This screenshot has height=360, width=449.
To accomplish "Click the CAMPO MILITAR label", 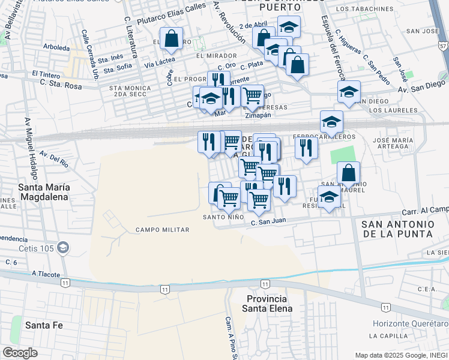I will pyautogui.click(x=162, y=230).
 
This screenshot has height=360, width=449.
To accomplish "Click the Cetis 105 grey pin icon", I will pyautogui.click(x=64, y=247).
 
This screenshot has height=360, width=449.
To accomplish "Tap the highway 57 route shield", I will pyautogui.click(x=442, y=45).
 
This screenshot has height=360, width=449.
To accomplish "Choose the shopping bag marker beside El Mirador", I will pyautogui.click(x=172, y=39).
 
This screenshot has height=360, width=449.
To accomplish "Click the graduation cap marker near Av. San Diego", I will pyautogui.click(x=348, y=92).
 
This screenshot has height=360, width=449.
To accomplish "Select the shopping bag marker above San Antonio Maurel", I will pyautogui.click(x=348, y=173).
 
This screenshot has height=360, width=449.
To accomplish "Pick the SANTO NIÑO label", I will pyautogui.click(x=223, y=217).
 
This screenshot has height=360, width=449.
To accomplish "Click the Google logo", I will pyautogui.click(x=20, y=353).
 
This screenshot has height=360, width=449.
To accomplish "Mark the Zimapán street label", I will pyautogui.click(x=259, y=115).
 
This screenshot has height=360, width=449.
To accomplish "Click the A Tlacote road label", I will pyautogui.click(x=46, y=274).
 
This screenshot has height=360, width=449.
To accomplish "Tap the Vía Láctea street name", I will pyautogui.click(x=160, y=61).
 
